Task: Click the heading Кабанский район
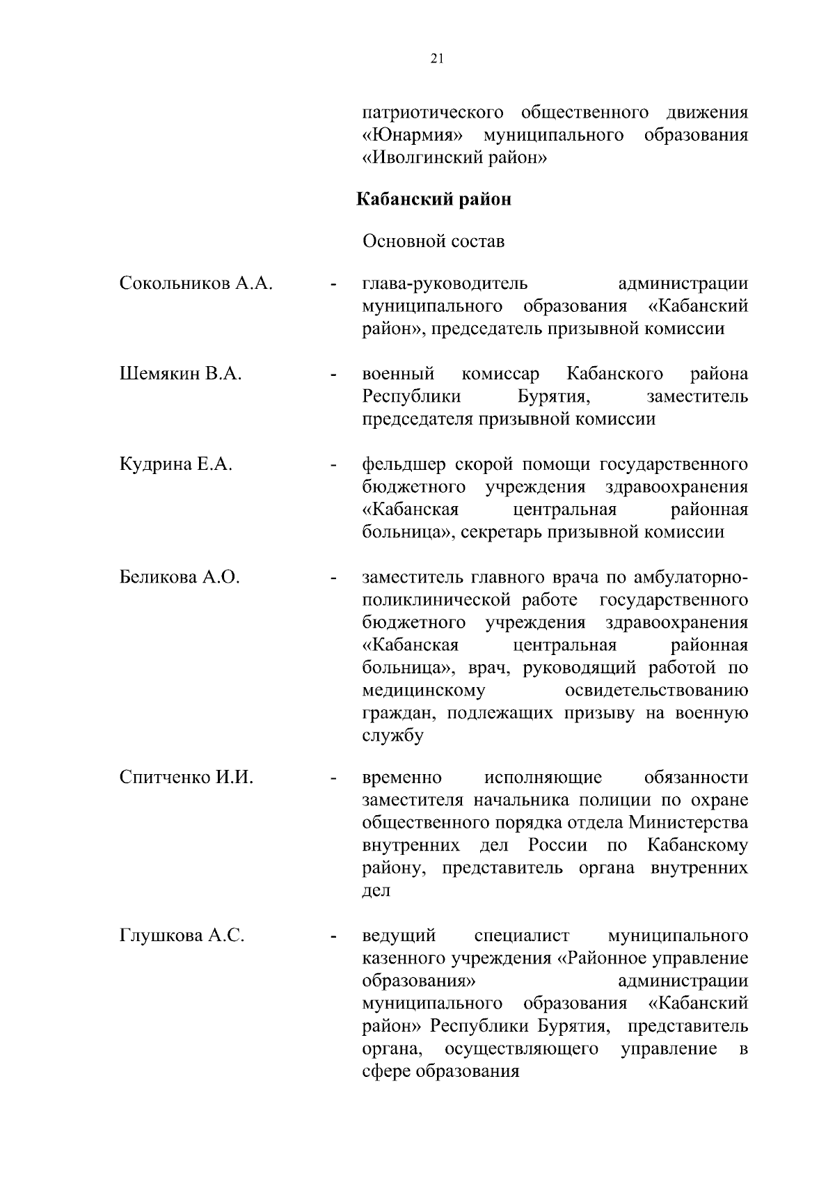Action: click(x=434, y=200)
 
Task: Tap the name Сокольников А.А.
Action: click(x=196, y=284)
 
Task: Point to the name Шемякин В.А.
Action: click(x=181, y=375)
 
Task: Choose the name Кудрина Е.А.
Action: click(x=175, y=465)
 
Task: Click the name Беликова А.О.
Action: click(x=180, y=577)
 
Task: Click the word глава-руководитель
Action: click(x=445, y=284)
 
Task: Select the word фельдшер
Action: click(x=404, y=465)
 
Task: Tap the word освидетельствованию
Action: click(x=657, y=691)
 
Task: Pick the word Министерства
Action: click(x=689, y=823)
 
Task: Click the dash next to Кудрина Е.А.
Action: click(x=334, y=465)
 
